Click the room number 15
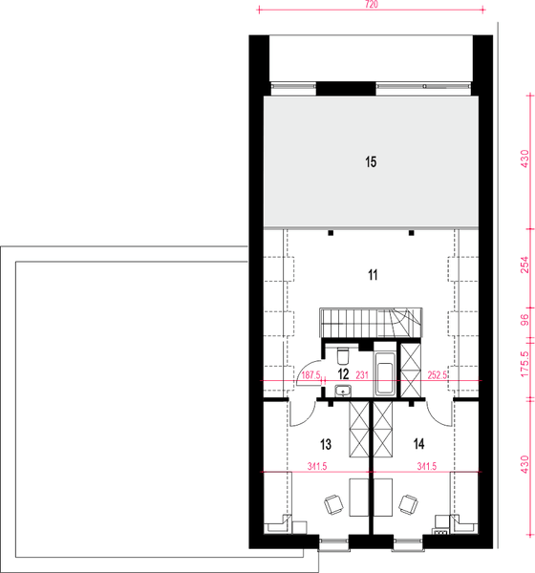pos(371,162)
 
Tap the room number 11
pos(373,275)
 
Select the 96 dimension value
pos(524,320)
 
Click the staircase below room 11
pos(368,323)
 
